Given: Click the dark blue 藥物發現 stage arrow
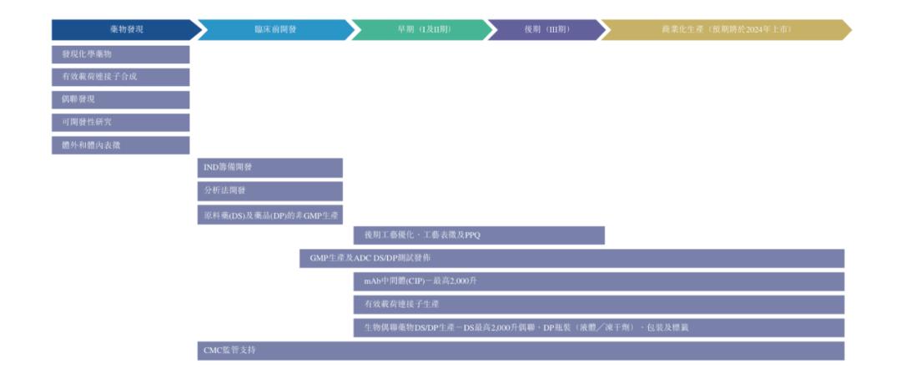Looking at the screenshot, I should (125, 30).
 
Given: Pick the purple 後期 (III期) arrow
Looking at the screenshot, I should (546, 30).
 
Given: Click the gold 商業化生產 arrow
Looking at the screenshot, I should (726, 30).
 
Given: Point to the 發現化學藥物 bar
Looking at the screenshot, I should (120, 54).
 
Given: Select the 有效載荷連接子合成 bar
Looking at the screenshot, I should (120, 77).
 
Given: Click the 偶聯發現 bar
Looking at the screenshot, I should (120, 99).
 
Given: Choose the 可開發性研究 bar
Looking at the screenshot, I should (120, 122).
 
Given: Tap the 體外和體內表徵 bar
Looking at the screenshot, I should (120, 144).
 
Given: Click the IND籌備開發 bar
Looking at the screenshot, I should (269, 168).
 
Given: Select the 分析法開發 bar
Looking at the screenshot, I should (269, 190).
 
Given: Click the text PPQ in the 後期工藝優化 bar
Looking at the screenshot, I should (472, 235).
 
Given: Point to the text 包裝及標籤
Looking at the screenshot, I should (667, 327).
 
